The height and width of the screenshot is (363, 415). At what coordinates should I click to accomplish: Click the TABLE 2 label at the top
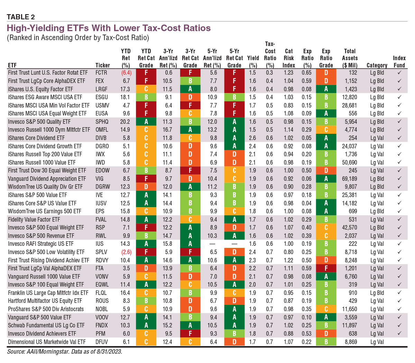click(x=21, y=17)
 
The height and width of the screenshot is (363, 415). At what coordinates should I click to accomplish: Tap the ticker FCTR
click(x=101, y=73)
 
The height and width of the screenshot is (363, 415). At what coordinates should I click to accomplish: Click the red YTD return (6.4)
click(x=126, y=73)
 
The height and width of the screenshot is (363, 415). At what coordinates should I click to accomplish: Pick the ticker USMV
click(x=102, y=105)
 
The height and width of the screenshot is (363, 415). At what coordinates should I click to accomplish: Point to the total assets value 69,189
click(x=349, y=179)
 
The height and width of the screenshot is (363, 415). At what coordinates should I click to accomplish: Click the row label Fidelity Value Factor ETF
click(x=34, y=220)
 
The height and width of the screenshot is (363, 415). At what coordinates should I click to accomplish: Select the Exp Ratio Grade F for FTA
click(x=326, y=268)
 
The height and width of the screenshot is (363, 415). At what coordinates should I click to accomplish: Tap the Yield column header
click(x=253, y=62)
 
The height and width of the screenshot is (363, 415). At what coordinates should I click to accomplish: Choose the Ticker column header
click(x=103, y=65)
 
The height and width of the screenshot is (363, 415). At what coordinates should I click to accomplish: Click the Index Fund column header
click(x=399, y=62)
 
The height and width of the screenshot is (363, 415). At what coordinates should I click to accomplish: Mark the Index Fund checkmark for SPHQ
click(x=399, y=122)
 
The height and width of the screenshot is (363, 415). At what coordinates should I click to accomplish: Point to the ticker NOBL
click(x=102, y=309)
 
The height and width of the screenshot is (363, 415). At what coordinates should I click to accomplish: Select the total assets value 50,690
click(x=349, y=162)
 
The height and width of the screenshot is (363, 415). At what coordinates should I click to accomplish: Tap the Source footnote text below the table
click(x=65, y=352)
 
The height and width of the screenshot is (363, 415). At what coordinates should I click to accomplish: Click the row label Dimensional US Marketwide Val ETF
click(x=47, y=342)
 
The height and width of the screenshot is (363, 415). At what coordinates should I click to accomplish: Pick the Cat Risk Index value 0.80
click(x=288, y=252)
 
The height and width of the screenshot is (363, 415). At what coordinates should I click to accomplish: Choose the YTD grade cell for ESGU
click(x=146, y=97)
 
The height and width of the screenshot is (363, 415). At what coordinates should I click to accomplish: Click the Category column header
click(x=377, y=65)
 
